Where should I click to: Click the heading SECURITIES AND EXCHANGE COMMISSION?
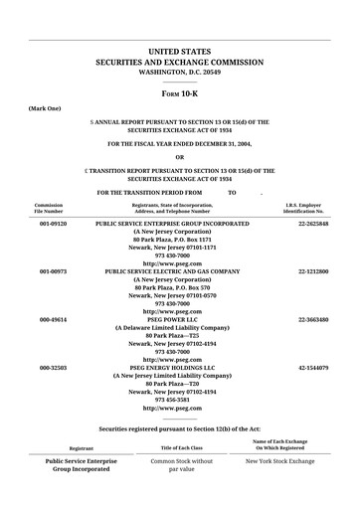(x=179, y=62)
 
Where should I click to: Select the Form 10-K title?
(x=179, y=89)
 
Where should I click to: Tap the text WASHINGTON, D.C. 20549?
(x=179, y=73)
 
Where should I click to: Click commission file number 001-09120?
(x=53, y=225)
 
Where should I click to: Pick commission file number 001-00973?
(x=53, y=270)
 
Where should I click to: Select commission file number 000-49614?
(x=53, y=320)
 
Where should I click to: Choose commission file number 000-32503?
(x=53, y=368)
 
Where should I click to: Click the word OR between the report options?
(x=179, y=156)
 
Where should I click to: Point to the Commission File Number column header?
(x=49, y=208)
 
